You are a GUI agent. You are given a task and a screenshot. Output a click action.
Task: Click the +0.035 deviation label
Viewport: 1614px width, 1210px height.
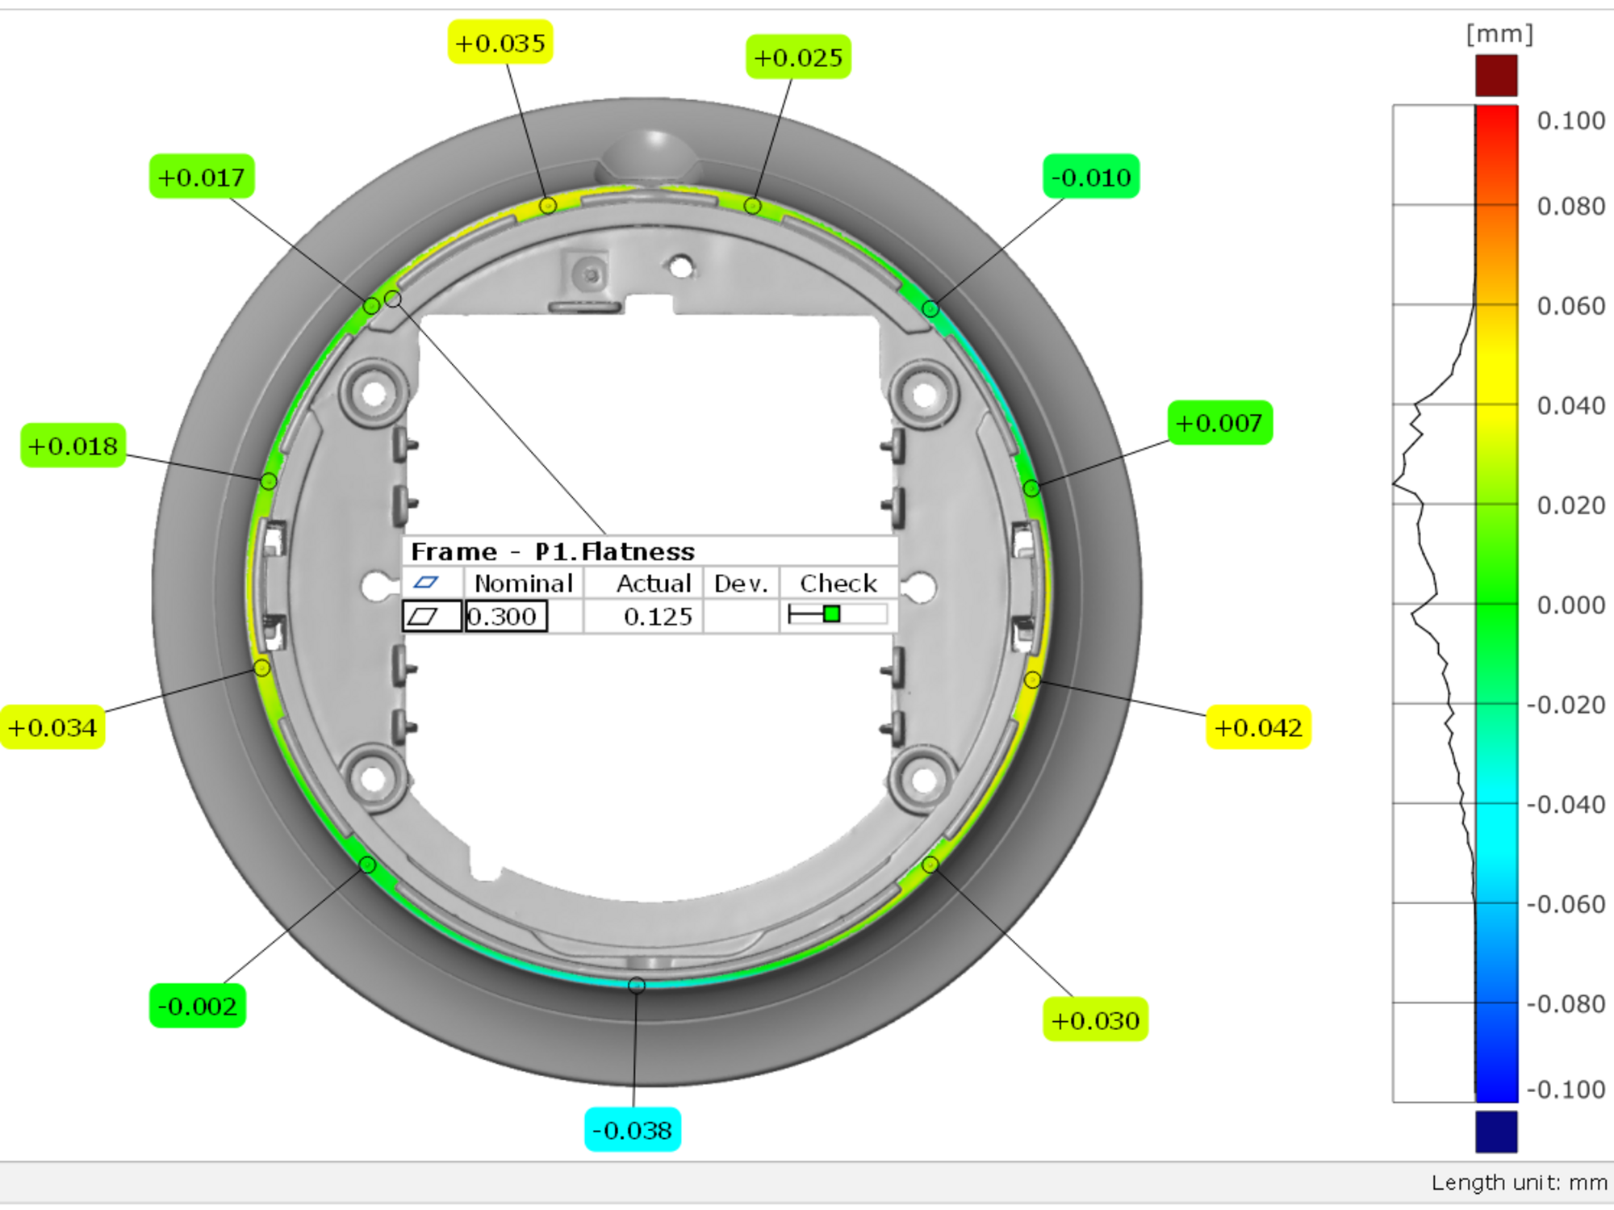pos(500,42)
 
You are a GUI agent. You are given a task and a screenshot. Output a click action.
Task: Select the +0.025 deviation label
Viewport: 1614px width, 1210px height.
pos(798,57)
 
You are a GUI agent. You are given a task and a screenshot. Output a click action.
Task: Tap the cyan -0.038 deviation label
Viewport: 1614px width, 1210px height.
pos(633,1130)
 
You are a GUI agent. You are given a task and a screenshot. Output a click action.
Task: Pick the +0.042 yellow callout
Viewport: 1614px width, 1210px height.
pos(1258,727)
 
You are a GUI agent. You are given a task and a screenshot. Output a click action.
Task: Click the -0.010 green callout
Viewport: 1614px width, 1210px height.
pos(1091,177)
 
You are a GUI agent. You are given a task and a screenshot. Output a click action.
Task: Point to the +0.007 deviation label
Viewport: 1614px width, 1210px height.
pos(1219,423)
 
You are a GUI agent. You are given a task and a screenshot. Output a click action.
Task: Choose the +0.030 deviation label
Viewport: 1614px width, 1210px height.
pos(1095,1019)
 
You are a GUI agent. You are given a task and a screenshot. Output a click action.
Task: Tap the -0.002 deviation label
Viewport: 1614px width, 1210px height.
pos(198,1006)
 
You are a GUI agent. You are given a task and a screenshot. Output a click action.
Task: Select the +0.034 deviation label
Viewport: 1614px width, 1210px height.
pos(52,727)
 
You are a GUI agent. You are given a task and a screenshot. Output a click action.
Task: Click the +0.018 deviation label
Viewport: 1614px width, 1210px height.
pos(73,446)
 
